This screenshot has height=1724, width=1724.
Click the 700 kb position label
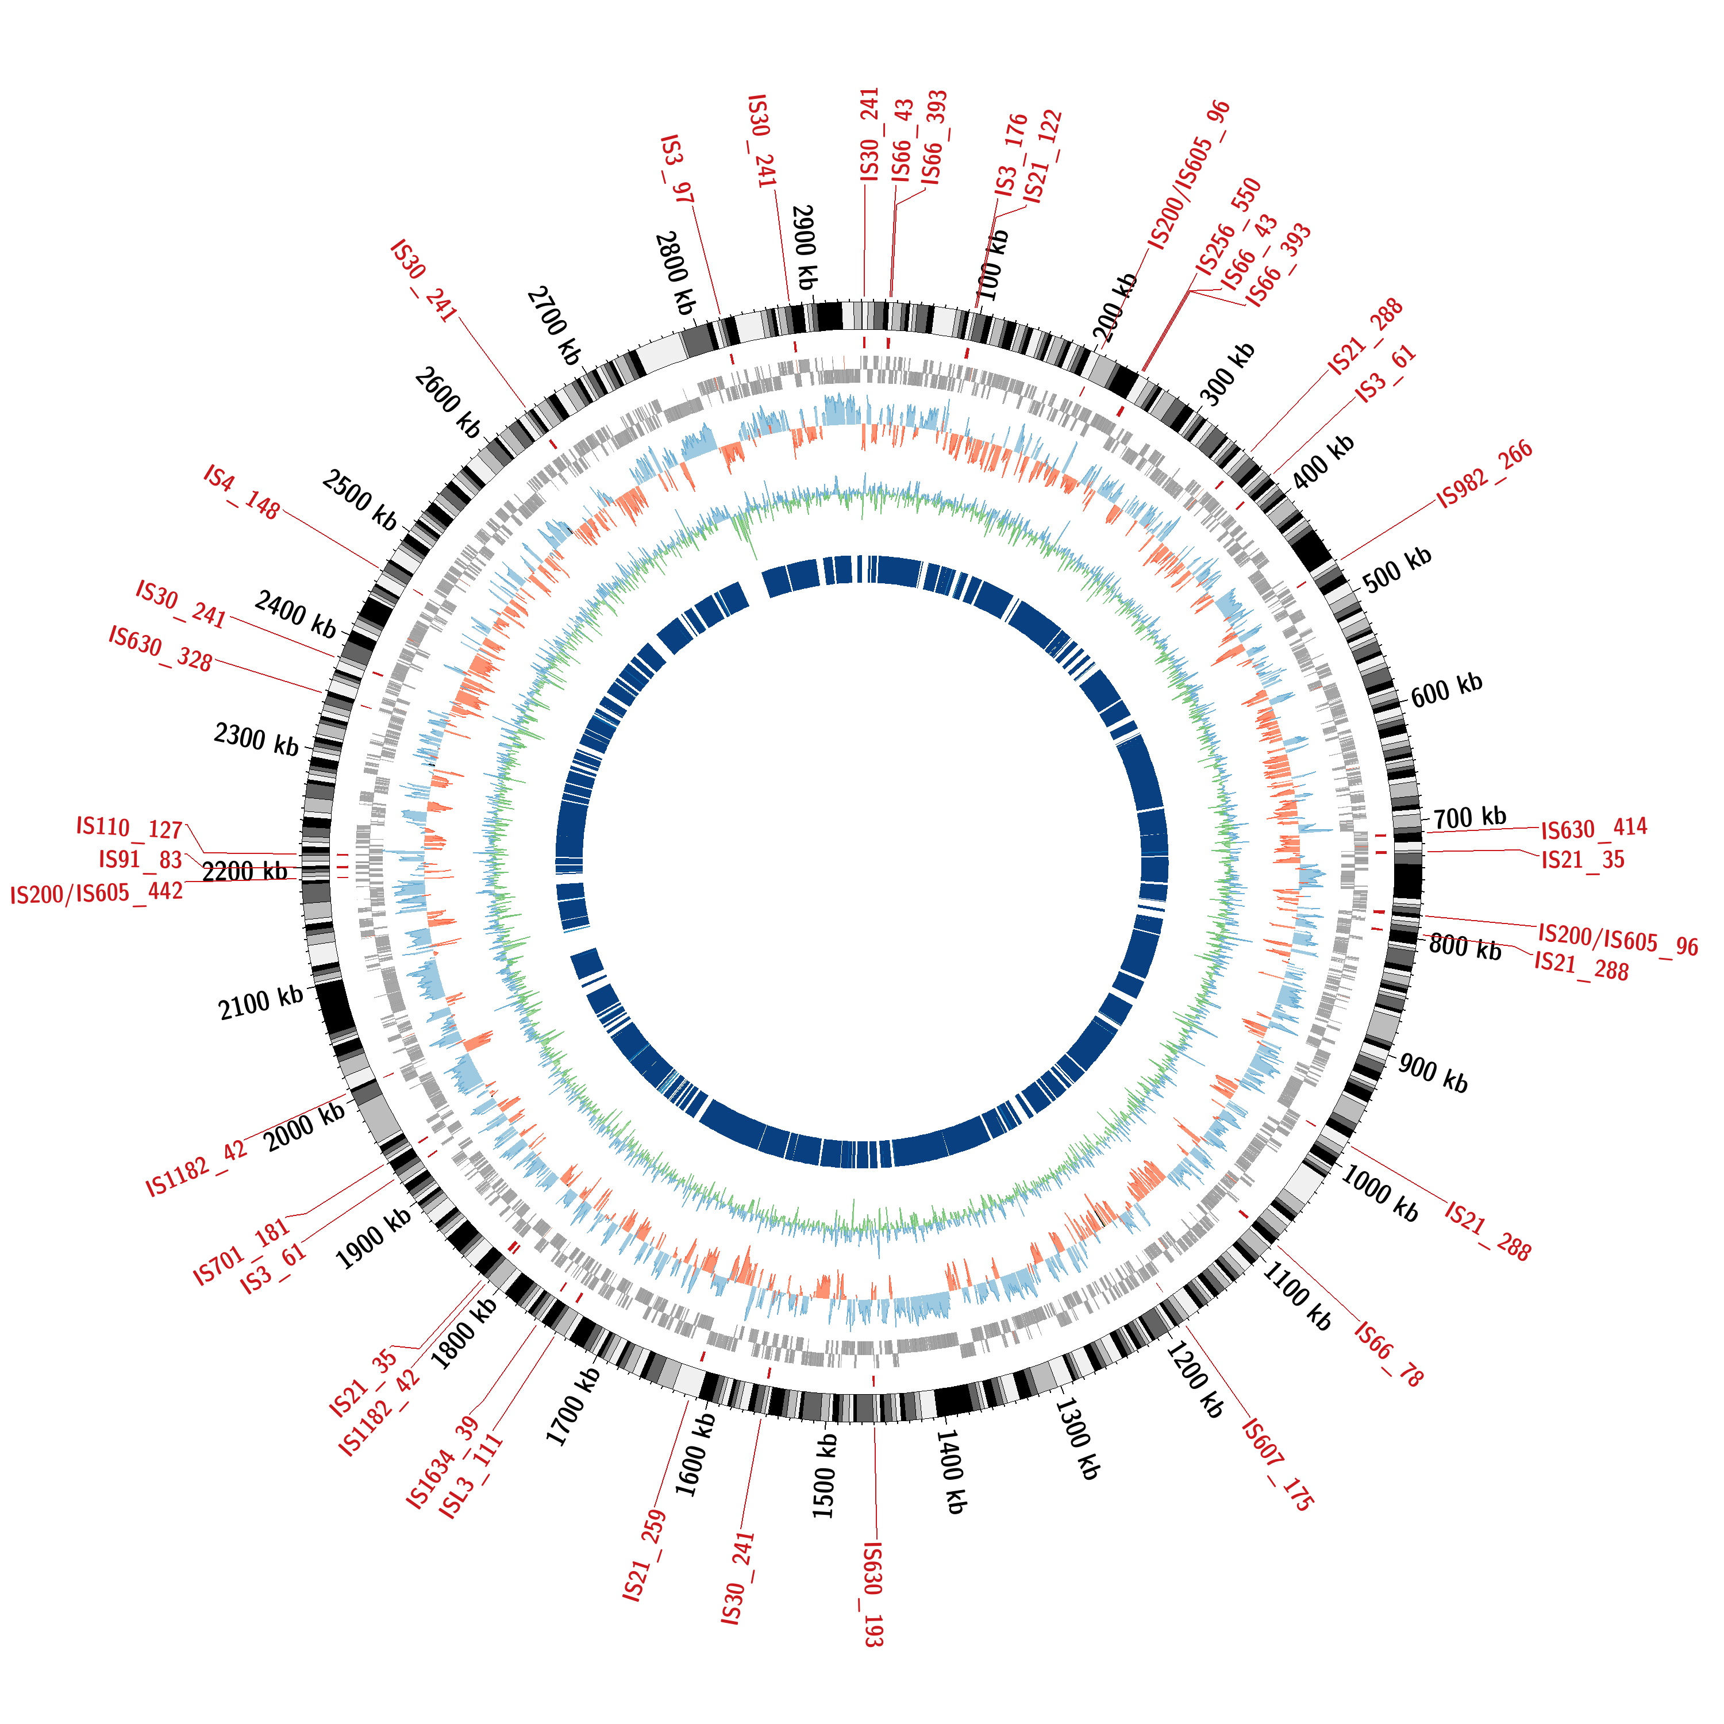point(1469,815)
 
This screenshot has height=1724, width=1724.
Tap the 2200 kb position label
point(244,871)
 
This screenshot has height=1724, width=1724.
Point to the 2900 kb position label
point(805,247)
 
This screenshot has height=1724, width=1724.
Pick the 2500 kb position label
point(360,500)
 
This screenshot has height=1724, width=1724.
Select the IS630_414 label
point(1594,828)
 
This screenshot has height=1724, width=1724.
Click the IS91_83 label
point(140,859)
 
